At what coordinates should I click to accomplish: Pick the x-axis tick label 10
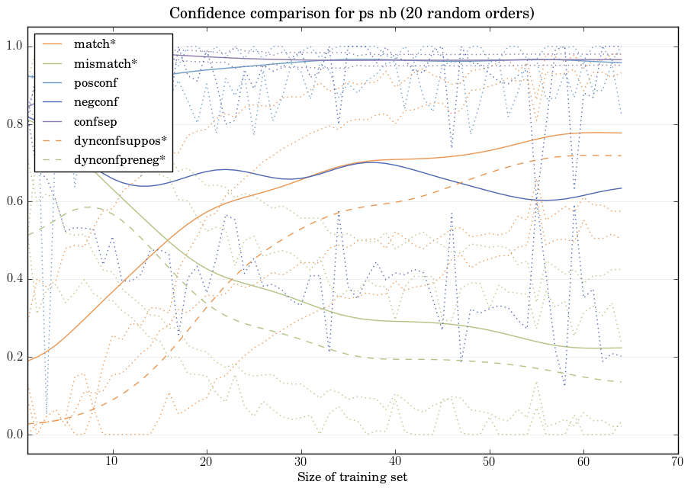click(x=112, y=461)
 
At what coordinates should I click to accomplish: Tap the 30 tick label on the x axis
click(x=301, y=461)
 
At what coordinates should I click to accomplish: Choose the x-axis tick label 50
click(x=489, y=461)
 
